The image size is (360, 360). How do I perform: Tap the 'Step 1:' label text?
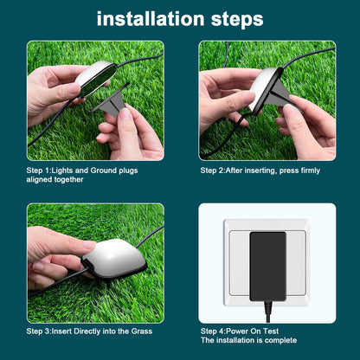coord(41,170)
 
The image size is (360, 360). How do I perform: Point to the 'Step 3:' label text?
coord(41,331)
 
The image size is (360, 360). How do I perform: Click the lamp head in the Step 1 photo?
coord(93,78)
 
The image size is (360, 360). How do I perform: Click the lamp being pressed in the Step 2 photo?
coord(267,87)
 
